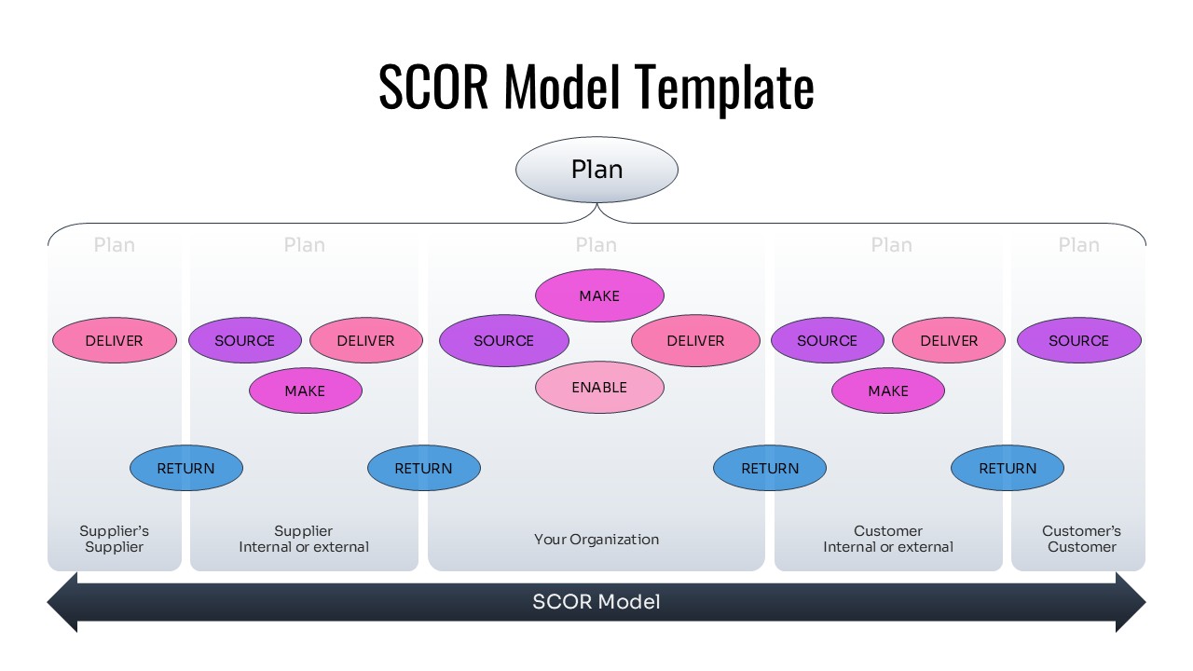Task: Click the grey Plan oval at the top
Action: click(x=596, y=170)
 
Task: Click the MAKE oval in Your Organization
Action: click(x=599, y=295)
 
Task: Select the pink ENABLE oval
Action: click(x=599, y=387)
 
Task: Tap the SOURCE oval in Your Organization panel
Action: click(x=503, y=340)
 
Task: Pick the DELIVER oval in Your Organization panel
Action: click(x=695, y=340)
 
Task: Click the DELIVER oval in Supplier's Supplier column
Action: click(x=114, y=340)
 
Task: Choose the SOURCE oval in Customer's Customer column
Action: click(x=1078, y=340)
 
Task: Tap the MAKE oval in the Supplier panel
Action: click(x=305, y=390)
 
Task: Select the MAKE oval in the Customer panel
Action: click(x=888, y=390)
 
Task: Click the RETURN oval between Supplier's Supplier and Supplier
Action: click(x=185, y=468)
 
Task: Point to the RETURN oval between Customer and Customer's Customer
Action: click(x=1008, y=468)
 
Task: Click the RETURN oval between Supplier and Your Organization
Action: click(x=424, y=468)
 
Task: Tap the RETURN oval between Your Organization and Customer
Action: click(x=770, y=468)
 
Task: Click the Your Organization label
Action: click(x=596, y=539)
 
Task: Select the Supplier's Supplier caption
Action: click(x=114, y=539)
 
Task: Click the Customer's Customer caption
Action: click(x=1081, y=539)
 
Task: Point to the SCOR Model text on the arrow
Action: click(x=596, y=602)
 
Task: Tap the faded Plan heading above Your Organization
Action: click(x=596, y=245)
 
